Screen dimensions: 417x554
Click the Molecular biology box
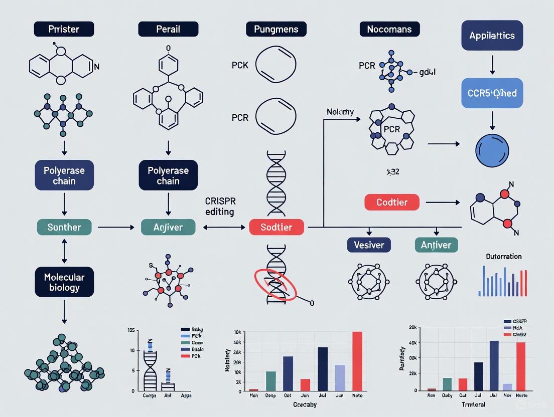[64, 282]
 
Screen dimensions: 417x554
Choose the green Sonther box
[64, 227]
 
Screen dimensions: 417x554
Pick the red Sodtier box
[276, 227]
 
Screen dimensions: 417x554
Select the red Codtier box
[391, 202]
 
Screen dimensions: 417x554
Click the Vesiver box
[369, 245]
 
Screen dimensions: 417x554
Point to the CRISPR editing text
[220, 206]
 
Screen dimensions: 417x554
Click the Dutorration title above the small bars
[503, 257]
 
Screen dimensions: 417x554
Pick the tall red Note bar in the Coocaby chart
[357, 361]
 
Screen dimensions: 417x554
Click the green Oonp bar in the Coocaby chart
[270, 380]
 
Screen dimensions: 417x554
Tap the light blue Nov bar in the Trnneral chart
[507, 387]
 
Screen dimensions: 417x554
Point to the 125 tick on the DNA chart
[131, 330]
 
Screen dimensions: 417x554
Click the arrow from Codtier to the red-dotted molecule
[443, 202]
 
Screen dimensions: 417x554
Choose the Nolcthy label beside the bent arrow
[340, 112]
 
